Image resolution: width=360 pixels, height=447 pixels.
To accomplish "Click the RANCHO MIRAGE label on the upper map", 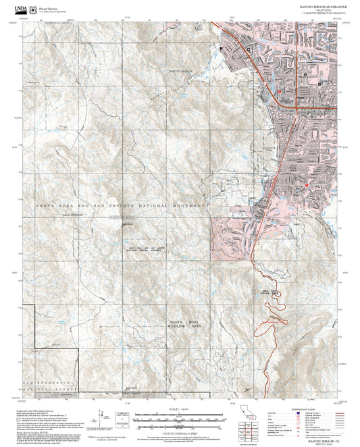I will (180, 70).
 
